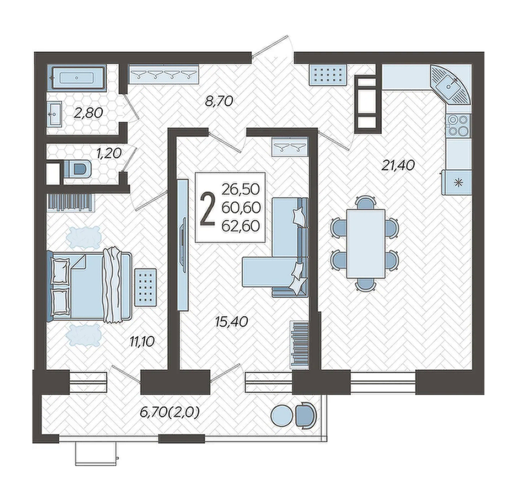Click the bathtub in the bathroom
click(78, 78)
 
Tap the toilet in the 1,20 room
click(78, 169)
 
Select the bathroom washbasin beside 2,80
click(54, 114)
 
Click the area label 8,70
click(219, 101)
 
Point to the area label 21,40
click(399, 166)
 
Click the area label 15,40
click(232, 321)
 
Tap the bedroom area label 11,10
click(142, 341)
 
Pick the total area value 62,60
click(241, 226)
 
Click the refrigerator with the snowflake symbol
click(456, 183)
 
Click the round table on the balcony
click(281, 416)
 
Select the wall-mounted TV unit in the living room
click(183, 245)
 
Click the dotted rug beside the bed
click(146, 287)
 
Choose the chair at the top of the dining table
click(366, 202)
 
